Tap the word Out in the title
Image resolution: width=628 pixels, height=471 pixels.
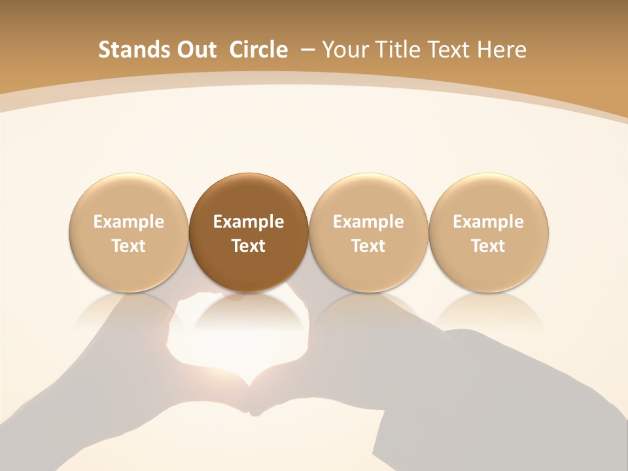[190, 50]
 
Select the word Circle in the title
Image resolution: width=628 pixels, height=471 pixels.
[258, 50]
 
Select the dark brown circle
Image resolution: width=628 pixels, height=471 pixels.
[249, 233]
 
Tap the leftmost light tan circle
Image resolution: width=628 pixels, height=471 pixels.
[129, 233]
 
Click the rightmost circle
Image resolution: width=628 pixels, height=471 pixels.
[488, 233]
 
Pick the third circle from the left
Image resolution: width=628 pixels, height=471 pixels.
[368, 233]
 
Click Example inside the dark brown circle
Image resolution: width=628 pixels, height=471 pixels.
[249, 222]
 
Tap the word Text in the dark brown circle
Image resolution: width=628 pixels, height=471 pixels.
[249, 246]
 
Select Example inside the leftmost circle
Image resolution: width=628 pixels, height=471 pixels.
[129, 222]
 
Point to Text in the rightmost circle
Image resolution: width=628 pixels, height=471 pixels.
[488, 246]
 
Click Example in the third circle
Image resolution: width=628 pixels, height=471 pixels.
[368, 222]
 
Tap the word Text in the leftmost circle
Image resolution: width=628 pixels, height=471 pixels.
[129, 246]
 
